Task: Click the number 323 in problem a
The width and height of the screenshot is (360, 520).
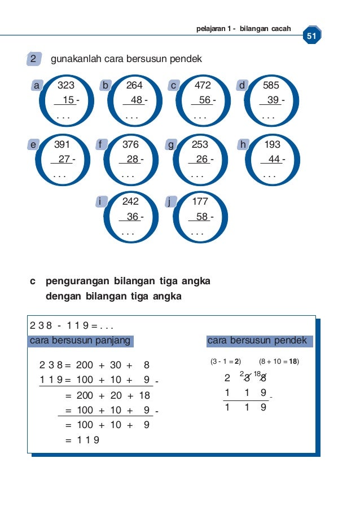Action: tap(66, 86)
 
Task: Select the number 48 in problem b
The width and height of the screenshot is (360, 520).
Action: tap(136, 100)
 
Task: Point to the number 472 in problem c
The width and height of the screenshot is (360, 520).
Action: tap(203, 86)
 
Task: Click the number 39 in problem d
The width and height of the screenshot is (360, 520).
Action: tap(273, 100)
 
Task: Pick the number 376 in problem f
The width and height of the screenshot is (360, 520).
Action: tap(130, 144)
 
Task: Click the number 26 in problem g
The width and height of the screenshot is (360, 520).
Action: tap(201, 159)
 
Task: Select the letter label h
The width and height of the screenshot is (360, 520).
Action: tap(243, 144)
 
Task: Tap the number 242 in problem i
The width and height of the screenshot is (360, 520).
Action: tap(130, 201)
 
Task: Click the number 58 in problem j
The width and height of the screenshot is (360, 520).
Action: tap(201, 217)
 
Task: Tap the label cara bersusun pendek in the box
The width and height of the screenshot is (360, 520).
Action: tap(257, 341)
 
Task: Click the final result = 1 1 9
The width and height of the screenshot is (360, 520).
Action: tap(83, 440)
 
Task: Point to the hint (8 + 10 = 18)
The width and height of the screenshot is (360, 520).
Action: tap(279, 362)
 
